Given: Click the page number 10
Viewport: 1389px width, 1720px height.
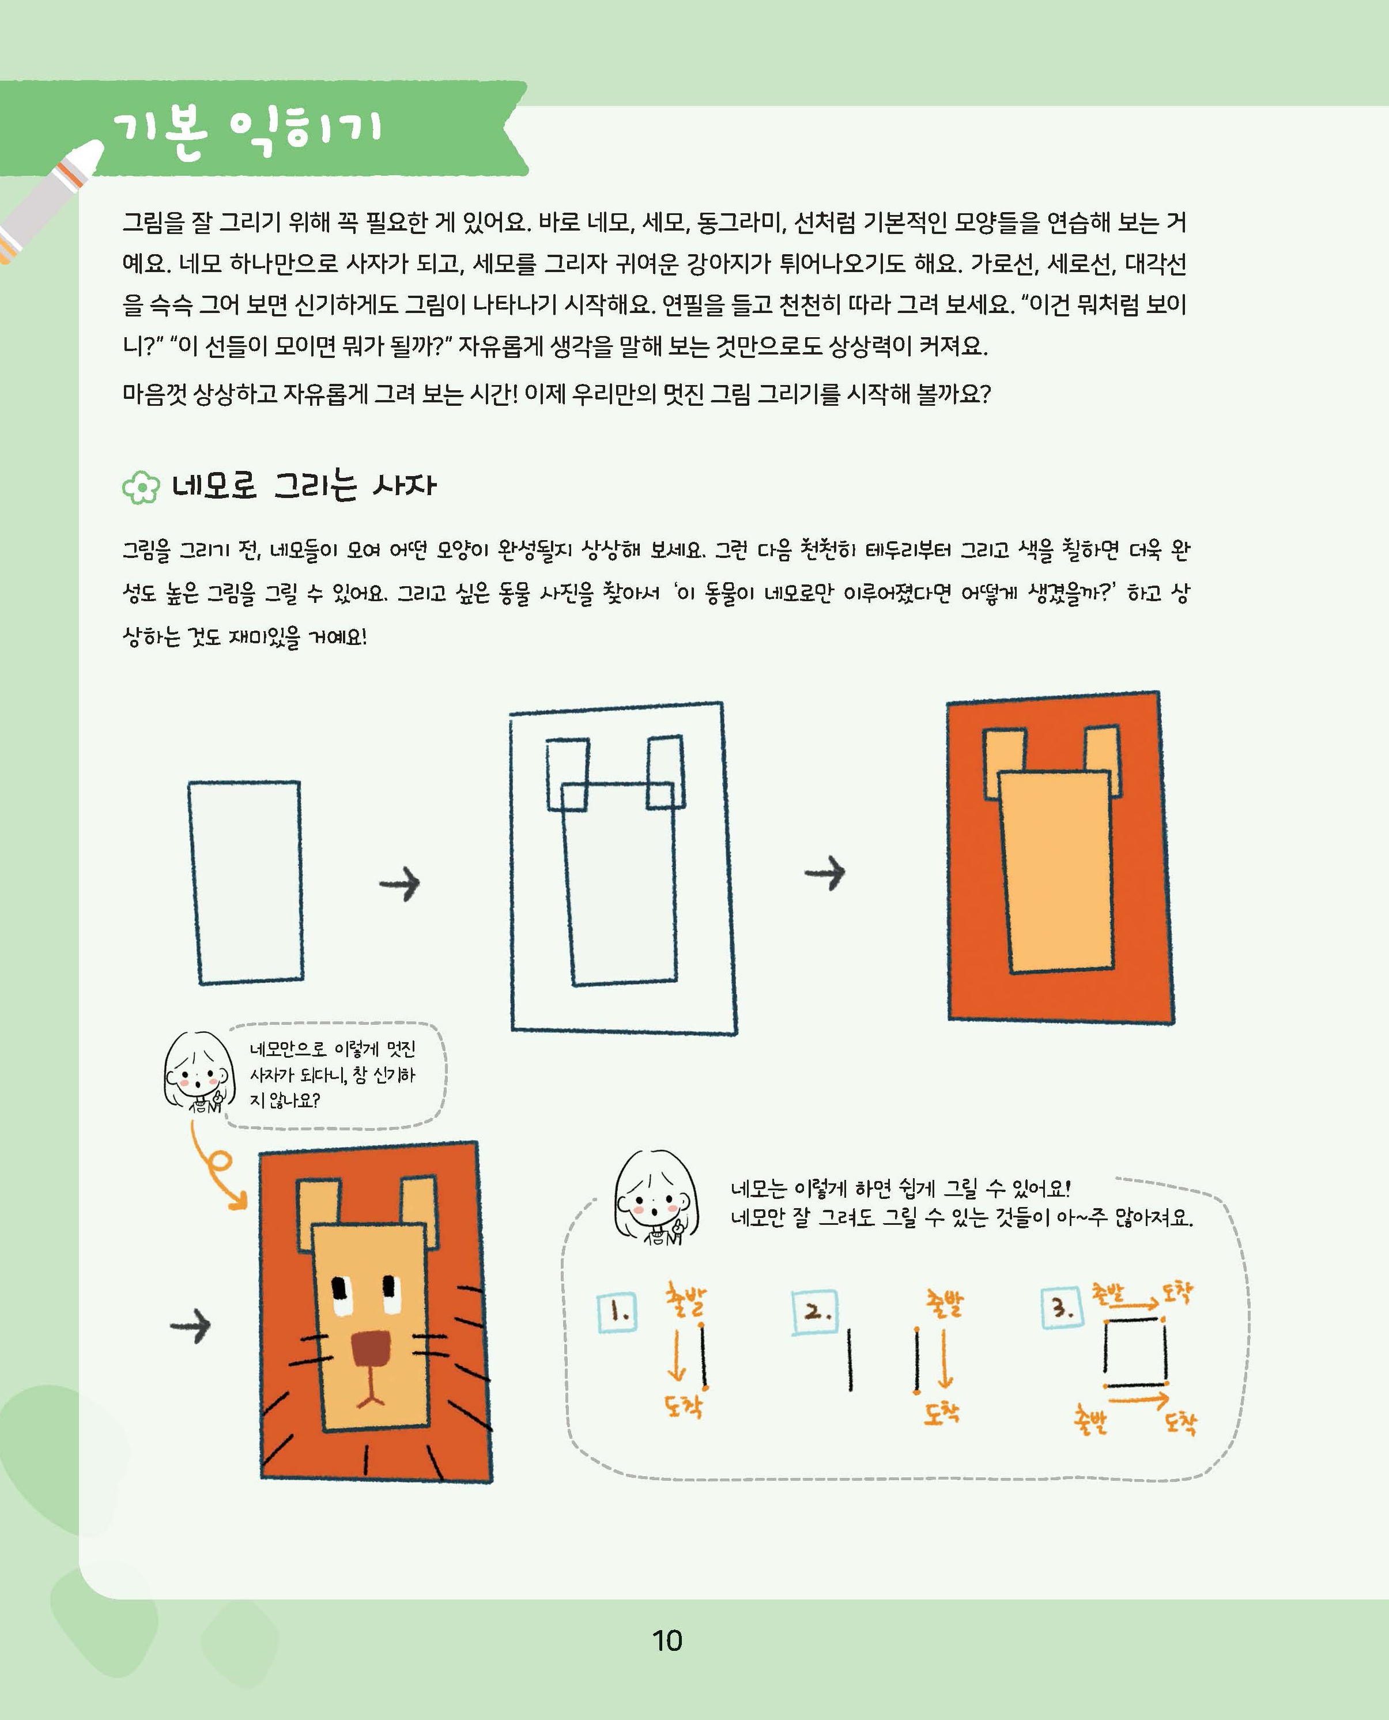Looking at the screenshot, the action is (666, 1641).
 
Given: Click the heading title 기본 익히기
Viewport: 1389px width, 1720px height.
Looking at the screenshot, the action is (248, 133).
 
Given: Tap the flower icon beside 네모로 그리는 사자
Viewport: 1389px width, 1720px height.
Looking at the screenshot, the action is (141, 487).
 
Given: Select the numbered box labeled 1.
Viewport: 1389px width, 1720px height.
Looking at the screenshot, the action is (617, 1312).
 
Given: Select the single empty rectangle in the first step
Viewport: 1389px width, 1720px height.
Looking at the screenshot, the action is (246, 882).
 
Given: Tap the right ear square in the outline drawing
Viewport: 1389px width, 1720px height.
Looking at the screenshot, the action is (666, 772).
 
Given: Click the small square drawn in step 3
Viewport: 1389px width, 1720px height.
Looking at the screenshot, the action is (1135, 1352).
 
